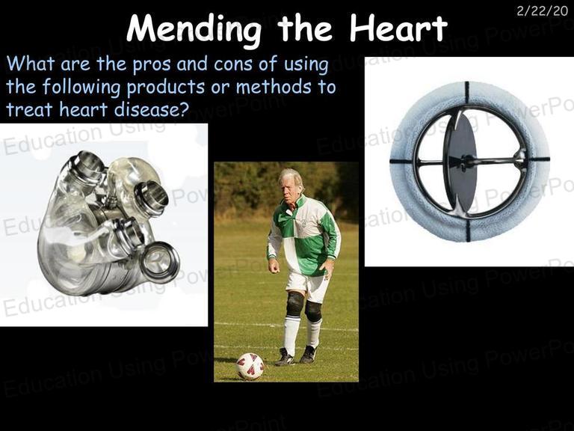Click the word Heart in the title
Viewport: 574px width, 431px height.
click(398, 27)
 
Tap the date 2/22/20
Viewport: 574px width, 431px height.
click(542, 11)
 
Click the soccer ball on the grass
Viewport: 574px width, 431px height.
click(250, 366)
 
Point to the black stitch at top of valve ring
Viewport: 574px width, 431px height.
click(466, 92)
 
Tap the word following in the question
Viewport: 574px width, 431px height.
click(81, 88)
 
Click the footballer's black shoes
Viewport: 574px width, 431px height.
click(296, 356)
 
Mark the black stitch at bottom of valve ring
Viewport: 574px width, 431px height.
click(467, 230)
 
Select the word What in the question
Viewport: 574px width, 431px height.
click(31, 64)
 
